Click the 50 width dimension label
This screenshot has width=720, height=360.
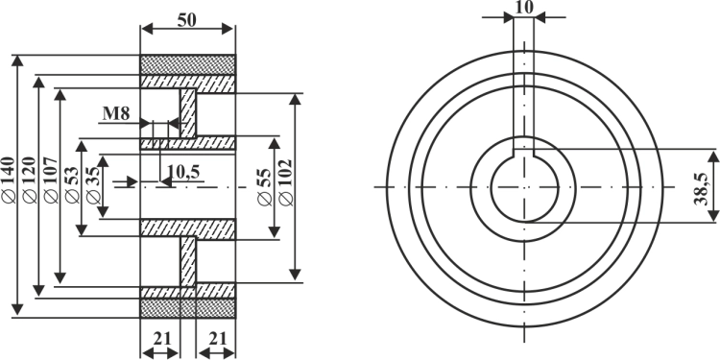187,20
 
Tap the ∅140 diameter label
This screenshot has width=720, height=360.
9,180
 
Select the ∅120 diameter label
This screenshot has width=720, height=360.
30,180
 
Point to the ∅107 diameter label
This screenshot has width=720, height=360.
51,180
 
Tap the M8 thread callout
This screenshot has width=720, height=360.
116,113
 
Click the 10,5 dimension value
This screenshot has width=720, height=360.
183,171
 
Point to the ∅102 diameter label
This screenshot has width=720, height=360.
286,182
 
